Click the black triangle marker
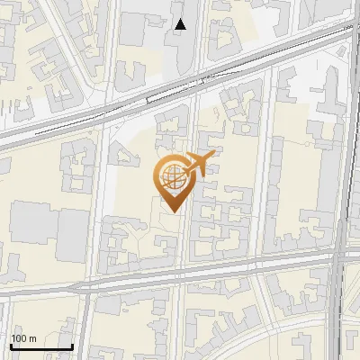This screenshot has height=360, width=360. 181,24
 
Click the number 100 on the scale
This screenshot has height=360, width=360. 19,338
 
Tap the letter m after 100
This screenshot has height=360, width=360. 32,338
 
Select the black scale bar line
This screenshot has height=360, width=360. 40,347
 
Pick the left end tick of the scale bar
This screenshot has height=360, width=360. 10,346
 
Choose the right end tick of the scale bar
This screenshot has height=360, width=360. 72,346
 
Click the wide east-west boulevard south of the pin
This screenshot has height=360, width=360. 135,282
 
